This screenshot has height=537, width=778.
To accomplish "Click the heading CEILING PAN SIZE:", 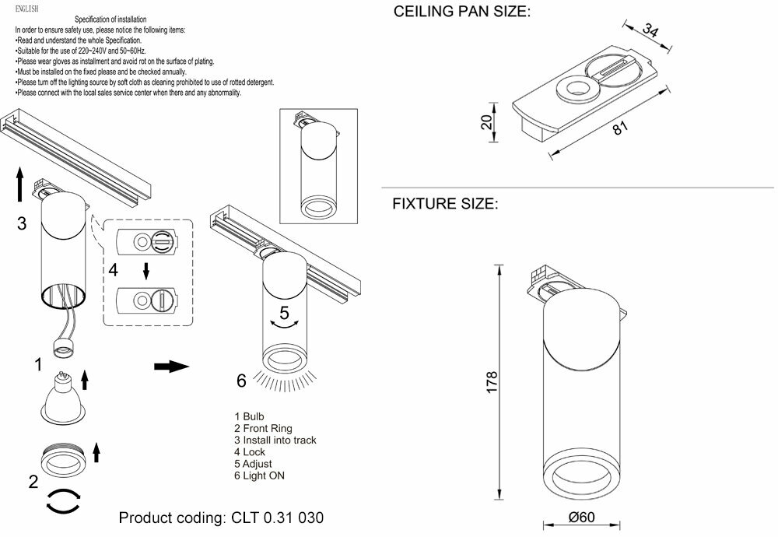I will (x=462, y=12).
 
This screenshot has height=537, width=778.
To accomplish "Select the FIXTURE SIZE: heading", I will (x=444, y=204).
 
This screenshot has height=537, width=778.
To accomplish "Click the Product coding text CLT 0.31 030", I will (x=221, y=518).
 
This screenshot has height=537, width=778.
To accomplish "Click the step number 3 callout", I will (x=22, y=224).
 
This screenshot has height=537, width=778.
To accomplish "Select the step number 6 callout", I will (x=241, y=381).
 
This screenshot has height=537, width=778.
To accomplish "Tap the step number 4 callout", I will (x=114, y=271).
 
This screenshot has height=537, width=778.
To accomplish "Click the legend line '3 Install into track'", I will (x=275, y=440).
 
